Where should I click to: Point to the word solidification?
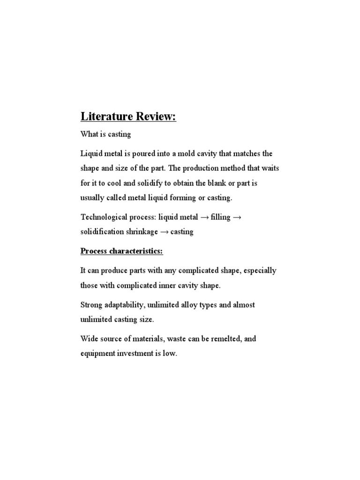pyautogui.click(x=102, y=232)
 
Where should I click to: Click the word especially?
pyautogui.click(x=260, y=270)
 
